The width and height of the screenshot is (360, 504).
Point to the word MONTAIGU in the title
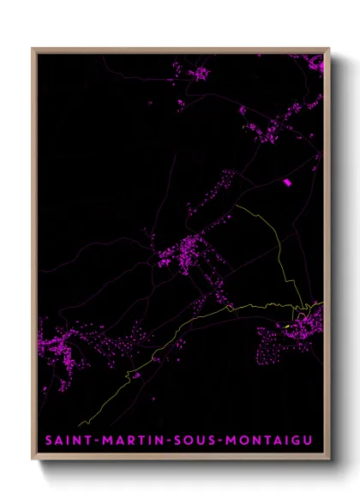(x=267, y=441)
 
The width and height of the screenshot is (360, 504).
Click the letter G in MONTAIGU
(x=293, y=441)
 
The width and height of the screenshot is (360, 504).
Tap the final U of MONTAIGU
(x=307, y=441)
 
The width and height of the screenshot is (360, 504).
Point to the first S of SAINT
(x=50, y=441)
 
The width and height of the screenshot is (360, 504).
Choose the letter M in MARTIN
(x=105, y=441)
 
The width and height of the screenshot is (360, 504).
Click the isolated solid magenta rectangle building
(x=287, y=182)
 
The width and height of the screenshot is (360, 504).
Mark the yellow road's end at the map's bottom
(x=79, y=425)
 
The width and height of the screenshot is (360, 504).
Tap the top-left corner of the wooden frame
(x=33, y=49)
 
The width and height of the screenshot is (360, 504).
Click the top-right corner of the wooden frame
(x=328, y=49)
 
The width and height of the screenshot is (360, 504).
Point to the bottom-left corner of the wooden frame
(x=33, y=460)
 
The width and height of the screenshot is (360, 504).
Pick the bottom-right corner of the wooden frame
(x=328, y=460)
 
